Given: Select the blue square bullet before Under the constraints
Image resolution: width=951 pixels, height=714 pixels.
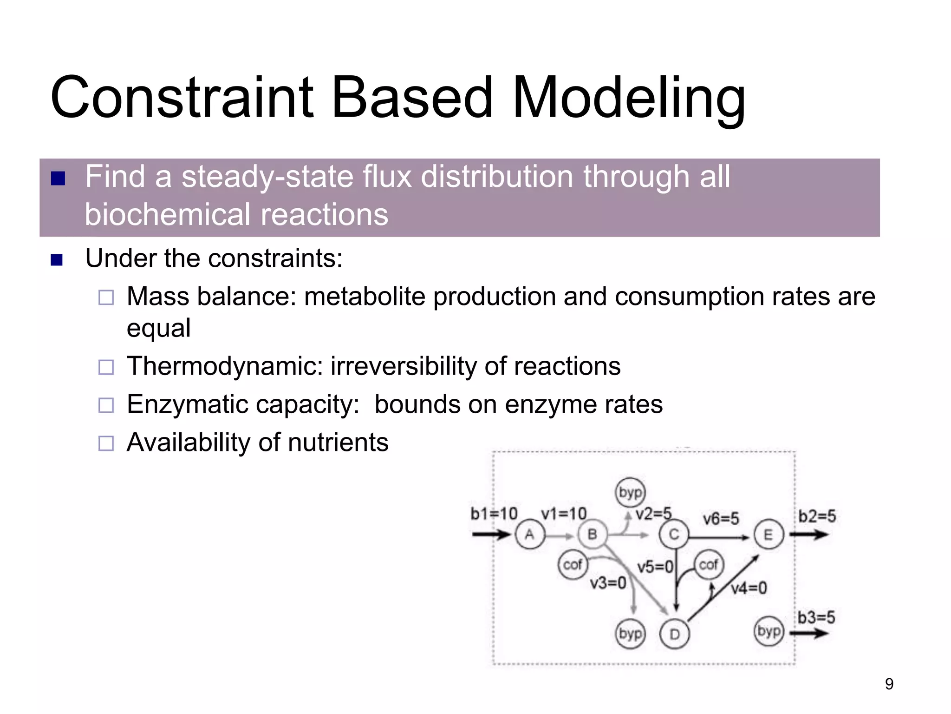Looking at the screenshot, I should pos(57,259).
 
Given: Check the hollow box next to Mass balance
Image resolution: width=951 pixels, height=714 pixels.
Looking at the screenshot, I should pos(106,297).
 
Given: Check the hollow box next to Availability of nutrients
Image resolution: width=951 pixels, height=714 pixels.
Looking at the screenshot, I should pos(106,443).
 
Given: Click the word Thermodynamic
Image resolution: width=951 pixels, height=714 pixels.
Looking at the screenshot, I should pos(225,366).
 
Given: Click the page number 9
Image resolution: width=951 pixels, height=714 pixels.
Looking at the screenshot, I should pos(889,684).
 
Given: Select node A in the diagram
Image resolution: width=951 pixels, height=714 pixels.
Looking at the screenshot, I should pos(530,535).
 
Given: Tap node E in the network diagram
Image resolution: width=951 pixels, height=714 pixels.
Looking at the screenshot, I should pos(769,535).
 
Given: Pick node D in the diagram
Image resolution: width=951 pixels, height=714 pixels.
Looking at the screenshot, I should pos(675,634).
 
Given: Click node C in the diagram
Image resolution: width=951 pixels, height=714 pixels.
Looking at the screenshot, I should pos(674,535).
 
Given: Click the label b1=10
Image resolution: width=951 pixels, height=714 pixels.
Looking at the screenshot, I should pos(494,514).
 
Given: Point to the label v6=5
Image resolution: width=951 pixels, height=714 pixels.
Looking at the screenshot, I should pos(720,518).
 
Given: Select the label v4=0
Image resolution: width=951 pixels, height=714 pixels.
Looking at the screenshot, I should pos(749,588).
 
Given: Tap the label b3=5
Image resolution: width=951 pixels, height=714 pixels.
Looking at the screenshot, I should pos(816,617).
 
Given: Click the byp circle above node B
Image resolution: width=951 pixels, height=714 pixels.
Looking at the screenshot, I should pos(630,492).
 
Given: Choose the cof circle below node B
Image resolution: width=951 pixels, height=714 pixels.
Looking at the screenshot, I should pos(573,565).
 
